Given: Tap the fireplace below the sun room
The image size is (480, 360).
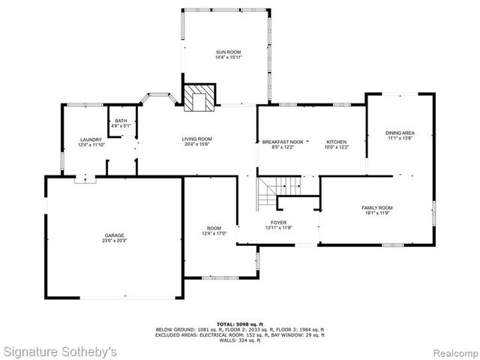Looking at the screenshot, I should pyautogui.click(x=200, y=97).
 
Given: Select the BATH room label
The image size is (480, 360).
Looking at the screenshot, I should pyautogui.click(x=120, y=121).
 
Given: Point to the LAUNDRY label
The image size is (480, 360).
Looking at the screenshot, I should pyautogui.click(x=91, y=139).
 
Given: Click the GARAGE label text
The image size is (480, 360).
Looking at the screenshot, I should pyautogui.click(x=114, y=235).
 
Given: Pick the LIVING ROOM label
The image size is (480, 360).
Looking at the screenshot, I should pyautogui.click(x=197, y=139).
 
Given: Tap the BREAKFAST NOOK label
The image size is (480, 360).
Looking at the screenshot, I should pyautogui.click(x=282, y=142).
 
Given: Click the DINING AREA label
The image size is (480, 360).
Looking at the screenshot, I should pyautogui.click(x=400, y=133).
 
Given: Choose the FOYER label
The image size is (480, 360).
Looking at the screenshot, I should pyautogui.click(x=278, y=223).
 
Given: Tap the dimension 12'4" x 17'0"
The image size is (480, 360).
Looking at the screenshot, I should pyautogui.click(x=214, y=234).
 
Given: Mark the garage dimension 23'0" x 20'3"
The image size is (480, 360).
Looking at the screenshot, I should pyautogui.click(x=114, y=241).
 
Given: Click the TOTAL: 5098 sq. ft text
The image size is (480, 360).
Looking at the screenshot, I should pyautogui.click(x=239, y=324).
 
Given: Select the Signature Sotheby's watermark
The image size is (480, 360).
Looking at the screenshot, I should pyautogui.click(x=60, y=350).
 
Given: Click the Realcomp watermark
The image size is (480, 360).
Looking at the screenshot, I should pyautogui.click(x=451, y=351).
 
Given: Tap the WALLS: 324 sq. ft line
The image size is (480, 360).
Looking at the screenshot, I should pyautogui.click(x=239, y=341).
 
